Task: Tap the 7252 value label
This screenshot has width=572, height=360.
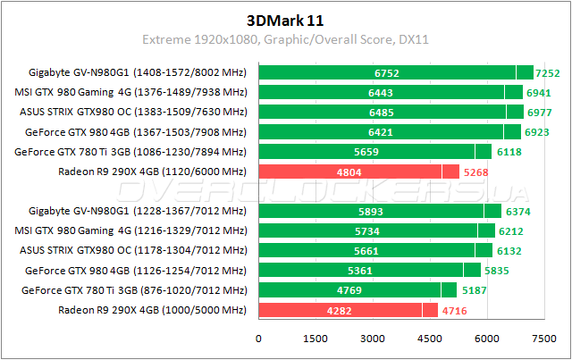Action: point(547,73)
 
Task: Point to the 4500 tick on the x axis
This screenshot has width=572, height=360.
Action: point(429,339)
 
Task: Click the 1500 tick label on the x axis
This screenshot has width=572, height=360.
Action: point(315,339)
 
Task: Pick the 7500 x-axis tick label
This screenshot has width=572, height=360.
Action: point(543,339)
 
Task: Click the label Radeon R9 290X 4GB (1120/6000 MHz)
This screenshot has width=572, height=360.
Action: point(151,172)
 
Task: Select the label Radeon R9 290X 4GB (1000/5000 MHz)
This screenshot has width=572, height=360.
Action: point(151,309)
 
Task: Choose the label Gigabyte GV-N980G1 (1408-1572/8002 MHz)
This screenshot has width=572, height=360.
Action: point(138,72)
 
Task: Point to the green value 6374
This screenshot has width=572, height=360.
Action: point(521,212)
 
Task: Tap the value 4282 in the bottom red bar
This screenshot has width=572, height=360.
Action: point(340,310)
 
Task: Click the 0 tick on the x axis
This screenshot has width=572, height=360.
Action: point(259,339)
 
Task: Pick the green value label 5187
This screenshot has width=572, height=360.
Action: point(477,290)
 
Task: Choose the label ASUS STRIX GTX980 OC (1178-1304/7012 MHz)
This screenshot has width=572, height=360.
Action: point(133,250)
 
